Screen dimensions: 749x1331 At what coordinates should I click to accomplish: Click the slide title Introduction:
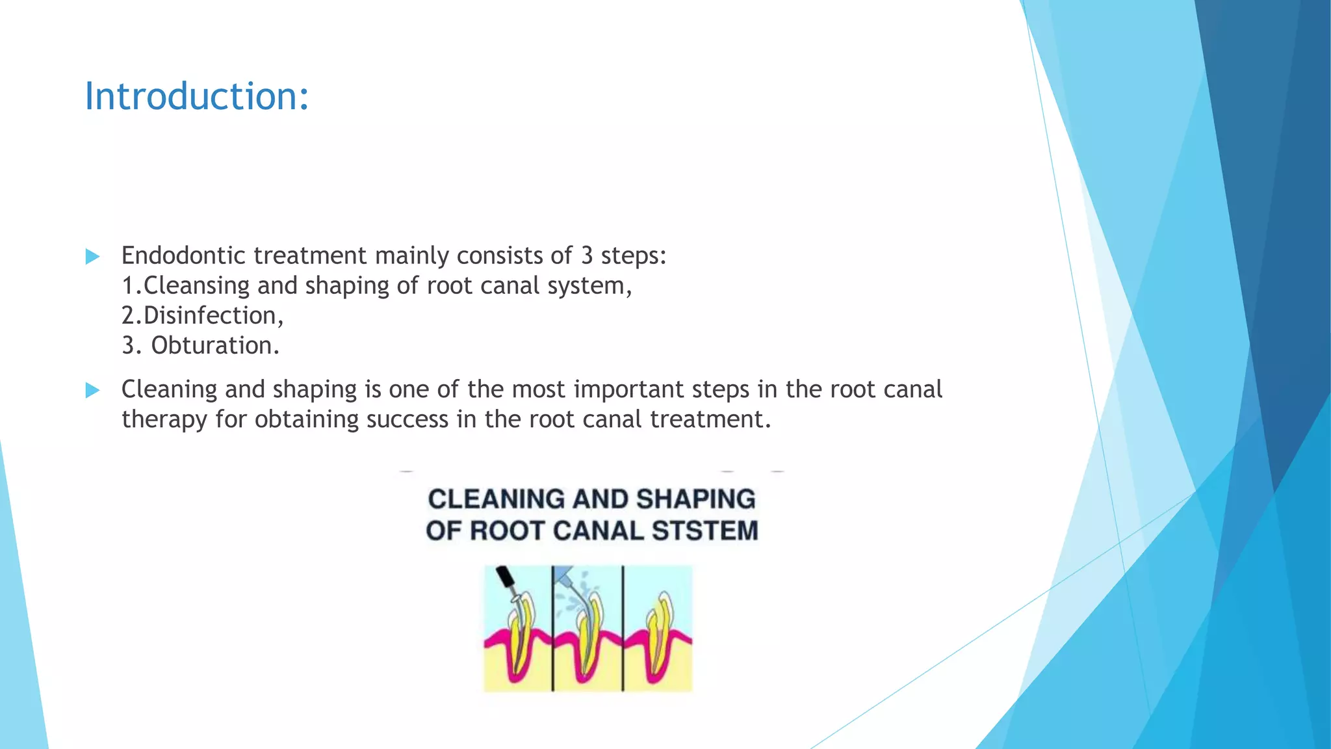click(196, 96)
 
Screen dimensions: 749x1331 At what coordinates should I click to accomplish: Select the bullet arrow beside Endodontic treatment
click(92, 256)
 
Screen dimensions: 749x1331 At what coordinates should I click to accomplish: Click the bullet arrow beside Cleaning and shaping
click(92, 390)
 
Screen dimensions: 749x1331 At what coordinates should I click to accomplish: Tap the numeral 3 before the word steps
click(587, 256)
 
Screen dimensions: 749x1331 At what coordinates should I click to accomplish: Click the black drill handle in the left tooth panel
click(504, 577)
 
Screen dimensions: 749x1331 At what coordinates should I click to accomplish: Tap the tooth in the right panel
click(660, 631)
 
